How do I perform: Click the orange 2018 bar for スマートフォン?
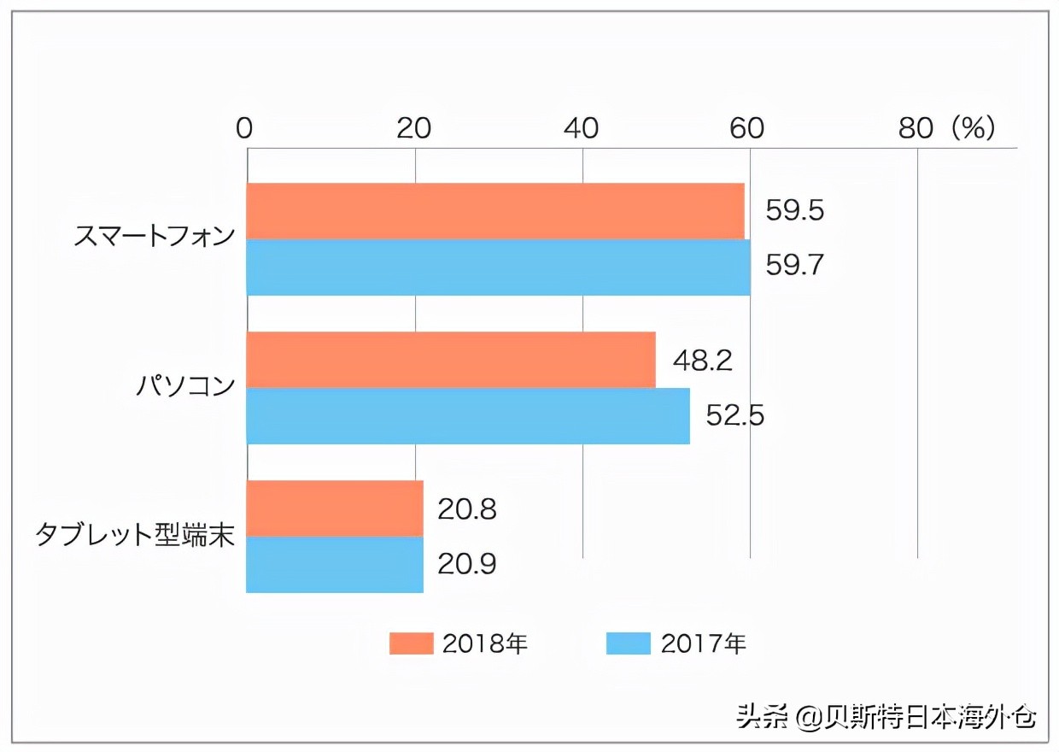(x=495, y=211)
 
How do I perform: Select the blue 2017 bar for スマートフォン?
(x=498, y=267)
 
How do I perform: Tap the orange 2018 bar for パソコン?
(x=451, y=360)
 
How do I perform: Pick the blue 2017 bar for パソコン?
(x=468, y=416)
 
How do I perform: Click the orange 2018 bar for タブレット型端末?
(x=335, y=508)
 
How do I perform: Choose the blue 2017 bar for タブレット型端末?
(x=335, y=565)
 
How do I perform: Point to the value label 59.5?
(x=794, y=211)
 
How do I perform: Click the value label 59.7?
(x=794, y=266)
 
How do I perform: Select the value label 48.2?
(x=702, y=361)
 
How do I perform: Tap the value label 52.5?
(x=734, y=415)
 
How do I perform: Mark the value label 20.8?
(x=467, y=509)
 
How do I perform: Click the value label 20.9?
(x=467, y=564)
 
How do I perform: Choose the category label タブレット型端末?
(x=135, y=535)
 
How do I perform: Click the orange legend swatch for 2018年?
(x=411, y=643)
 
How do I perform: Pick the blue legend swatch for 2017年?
(x=629, y=643)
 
